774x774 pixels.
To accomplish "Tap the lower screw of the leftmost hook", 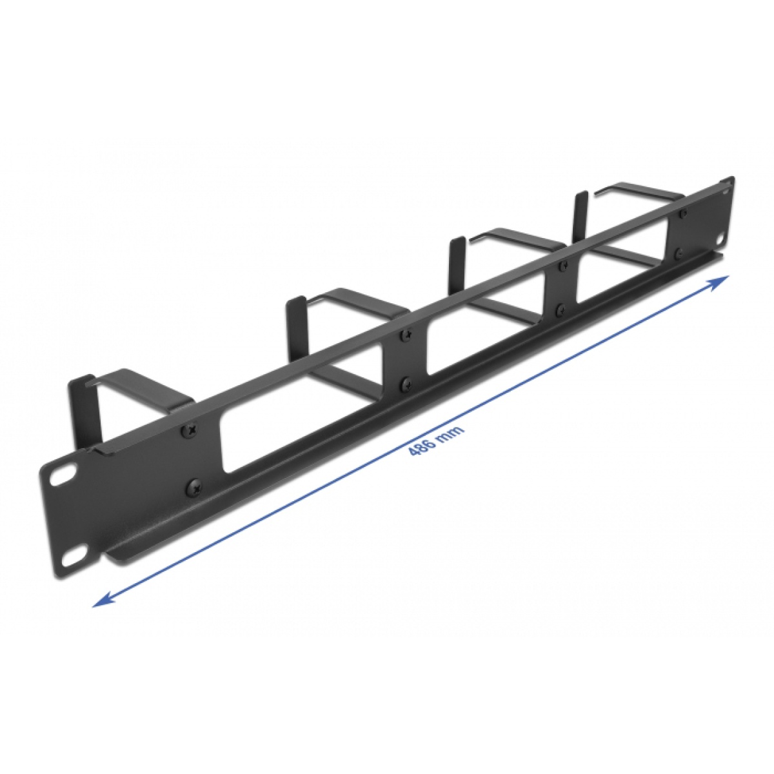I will click(192, 484).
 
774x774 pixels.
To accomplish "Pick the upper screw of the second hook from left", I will click(406, 335).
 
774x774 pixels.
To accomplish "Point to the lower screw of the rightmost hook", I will click(679, 254).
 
